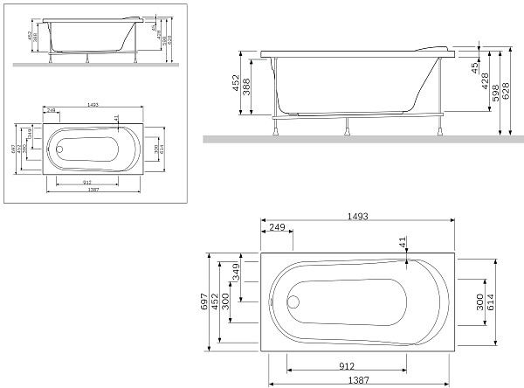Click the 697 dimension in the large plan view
[x=204, y=301]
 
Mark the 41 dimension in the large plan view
[x=403, y=243]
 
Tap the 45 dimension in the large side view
[x=474, y=67]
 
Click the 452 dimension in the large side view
[x=236, y=83]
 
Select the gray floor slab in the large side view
[x=358, y=139]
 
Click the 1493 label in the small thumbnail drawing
[x=93, y=104]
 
